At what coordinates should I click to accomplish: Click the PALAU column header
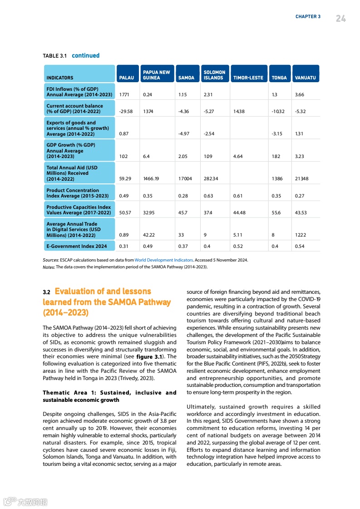pos(126,78)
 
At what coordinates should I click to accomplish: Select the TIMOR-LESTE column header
pos(248,78)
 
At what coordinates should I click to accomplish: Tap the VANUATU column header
pos(305,78)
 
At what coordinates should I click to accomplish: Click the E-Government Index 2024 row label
pos(77,246)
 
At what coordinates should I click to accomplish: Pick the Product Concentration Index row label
pos(78,193)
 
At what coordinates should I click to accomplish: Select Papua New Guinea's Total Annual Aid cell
pos(151,179)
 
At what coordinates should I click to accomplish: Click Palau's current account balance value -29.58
pos(126,111)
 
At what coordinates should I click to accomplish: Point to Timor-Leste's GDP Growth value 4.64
pos(237,156)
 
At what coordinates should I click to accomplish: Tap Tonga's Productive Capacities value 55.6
pos(276,212)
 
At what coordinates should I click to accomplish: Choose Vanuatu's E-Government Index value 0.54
pos(300,246)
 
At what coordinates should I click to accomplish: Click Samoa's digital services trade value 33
pos(181,235)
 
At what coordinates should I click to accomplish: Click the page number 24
pos(340,18)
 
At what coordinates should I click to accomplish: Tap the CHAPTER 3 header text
pos(308,17)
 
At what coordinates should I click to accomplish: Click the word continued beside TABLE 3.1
pos(85,55)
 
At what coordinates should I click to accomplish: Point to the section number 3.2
pos(47,292)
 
